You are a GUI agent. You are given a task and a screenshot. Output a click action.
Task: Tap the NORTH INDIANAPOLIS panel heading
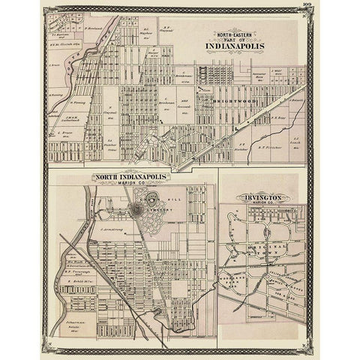[131, 178]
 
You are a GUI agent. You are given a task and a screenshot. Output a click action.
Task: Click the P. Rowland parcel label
[93, 30]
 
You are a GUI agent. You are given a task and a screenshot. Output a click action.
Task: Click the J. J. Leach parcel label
[296, 140]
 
